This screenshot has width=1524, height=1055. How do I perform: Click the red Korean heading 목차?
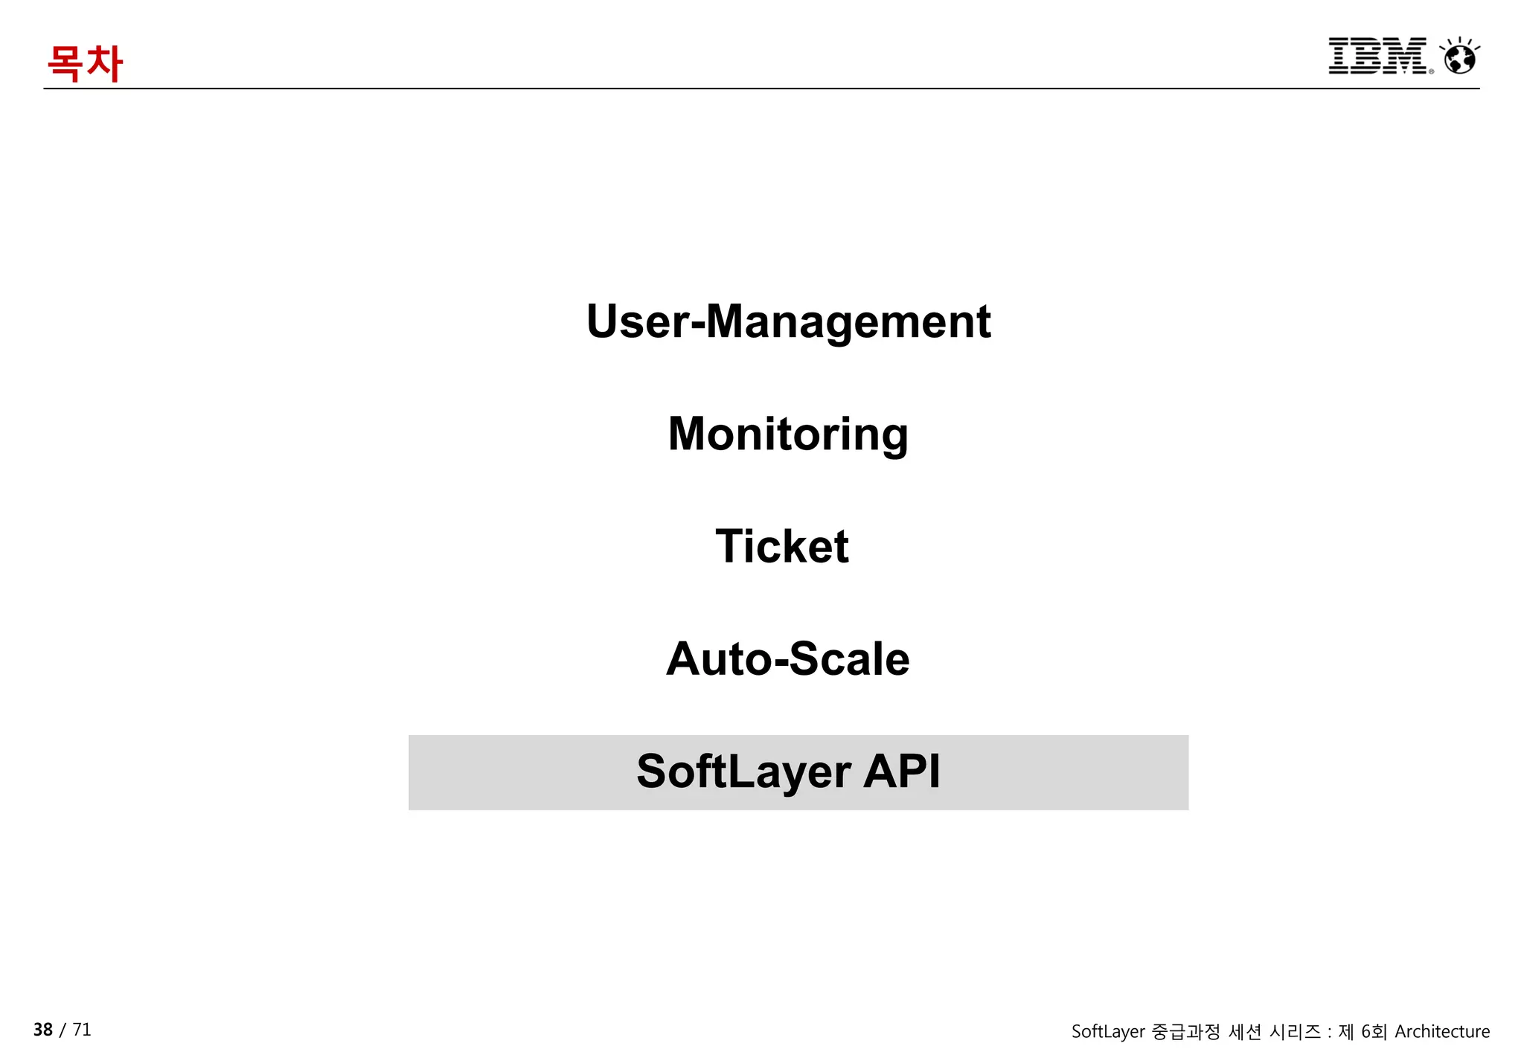pos(85,63)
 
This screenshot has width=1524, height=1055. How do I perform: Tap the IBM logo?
pos(1377,56)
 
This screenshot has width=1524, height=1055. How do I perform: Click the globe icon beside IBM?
pos(1459,57)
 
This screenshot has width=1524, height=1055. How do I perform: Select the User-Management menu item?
pos(788,321)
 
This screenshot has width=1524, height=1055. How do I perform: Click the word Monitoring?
pos(788,434)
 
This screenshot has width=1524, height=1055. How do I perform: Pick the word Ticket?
pos(781,546)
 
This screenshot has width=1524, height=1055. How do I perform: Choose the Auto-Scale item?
pos(787,659)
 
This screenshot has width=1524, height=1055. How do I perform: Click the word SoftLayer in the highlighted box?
pos(743,772)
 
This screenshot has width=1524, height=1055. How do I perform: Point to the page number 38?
pos(43,1030)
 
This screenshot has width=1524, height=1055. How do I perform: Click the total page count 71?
pos(82,1030)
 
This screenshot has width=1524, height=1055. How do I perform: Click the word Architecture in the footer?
pos(1442,1032)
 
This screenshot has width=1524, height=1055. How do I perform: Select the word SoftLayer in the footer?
pos(1107,1032)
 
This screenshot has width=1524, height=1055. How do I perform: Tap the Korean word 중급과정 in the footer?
pos(1185,1032)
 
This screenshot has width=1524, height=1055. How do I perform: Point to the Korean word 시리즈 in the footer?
pos(1295,1032)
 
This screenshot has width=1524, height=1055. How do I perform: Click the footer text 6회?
pos(1374,1032)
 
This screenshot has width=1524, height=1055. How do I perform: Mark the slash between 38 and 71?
pos(63,1030)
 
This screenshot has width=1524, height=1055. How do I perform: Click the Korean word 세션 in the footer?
pos(1245,1032)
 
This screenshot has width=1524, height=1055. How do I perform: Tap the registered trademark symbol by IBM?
pos(1431,71)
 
